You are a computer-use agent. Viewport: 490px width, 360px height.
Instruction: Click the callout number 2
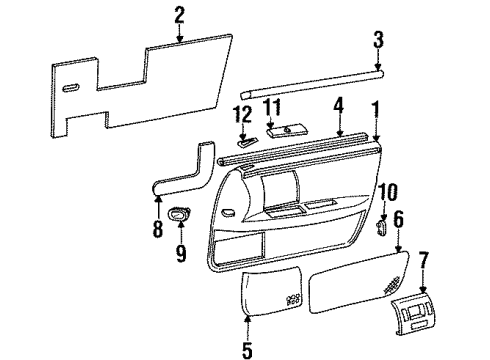coord(179,14)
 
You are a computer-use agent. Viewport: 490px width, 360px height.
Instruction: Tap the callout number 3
coord(378,41)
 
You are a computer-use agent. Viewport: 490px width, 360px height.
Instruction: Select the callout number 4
coord(339,103)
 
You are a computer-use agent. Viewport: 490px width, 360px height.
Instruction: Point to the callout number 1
coord(376,106)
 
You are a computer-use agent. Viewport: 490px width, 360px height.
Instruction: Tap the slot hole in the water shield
coord(71,90)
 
